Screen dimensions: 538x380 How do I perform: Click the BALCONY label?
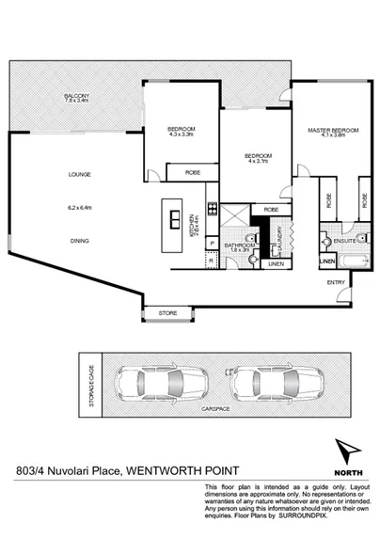[76, 97]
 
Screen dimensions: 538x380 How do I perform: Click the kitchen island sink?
[175, 219]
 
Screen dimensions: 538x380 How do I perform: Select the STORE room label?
[167, 311]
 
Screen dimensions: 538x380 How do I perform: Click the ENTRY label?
[336, 281]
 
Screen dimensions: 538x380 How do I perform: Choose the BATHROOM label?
[238, 245]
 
